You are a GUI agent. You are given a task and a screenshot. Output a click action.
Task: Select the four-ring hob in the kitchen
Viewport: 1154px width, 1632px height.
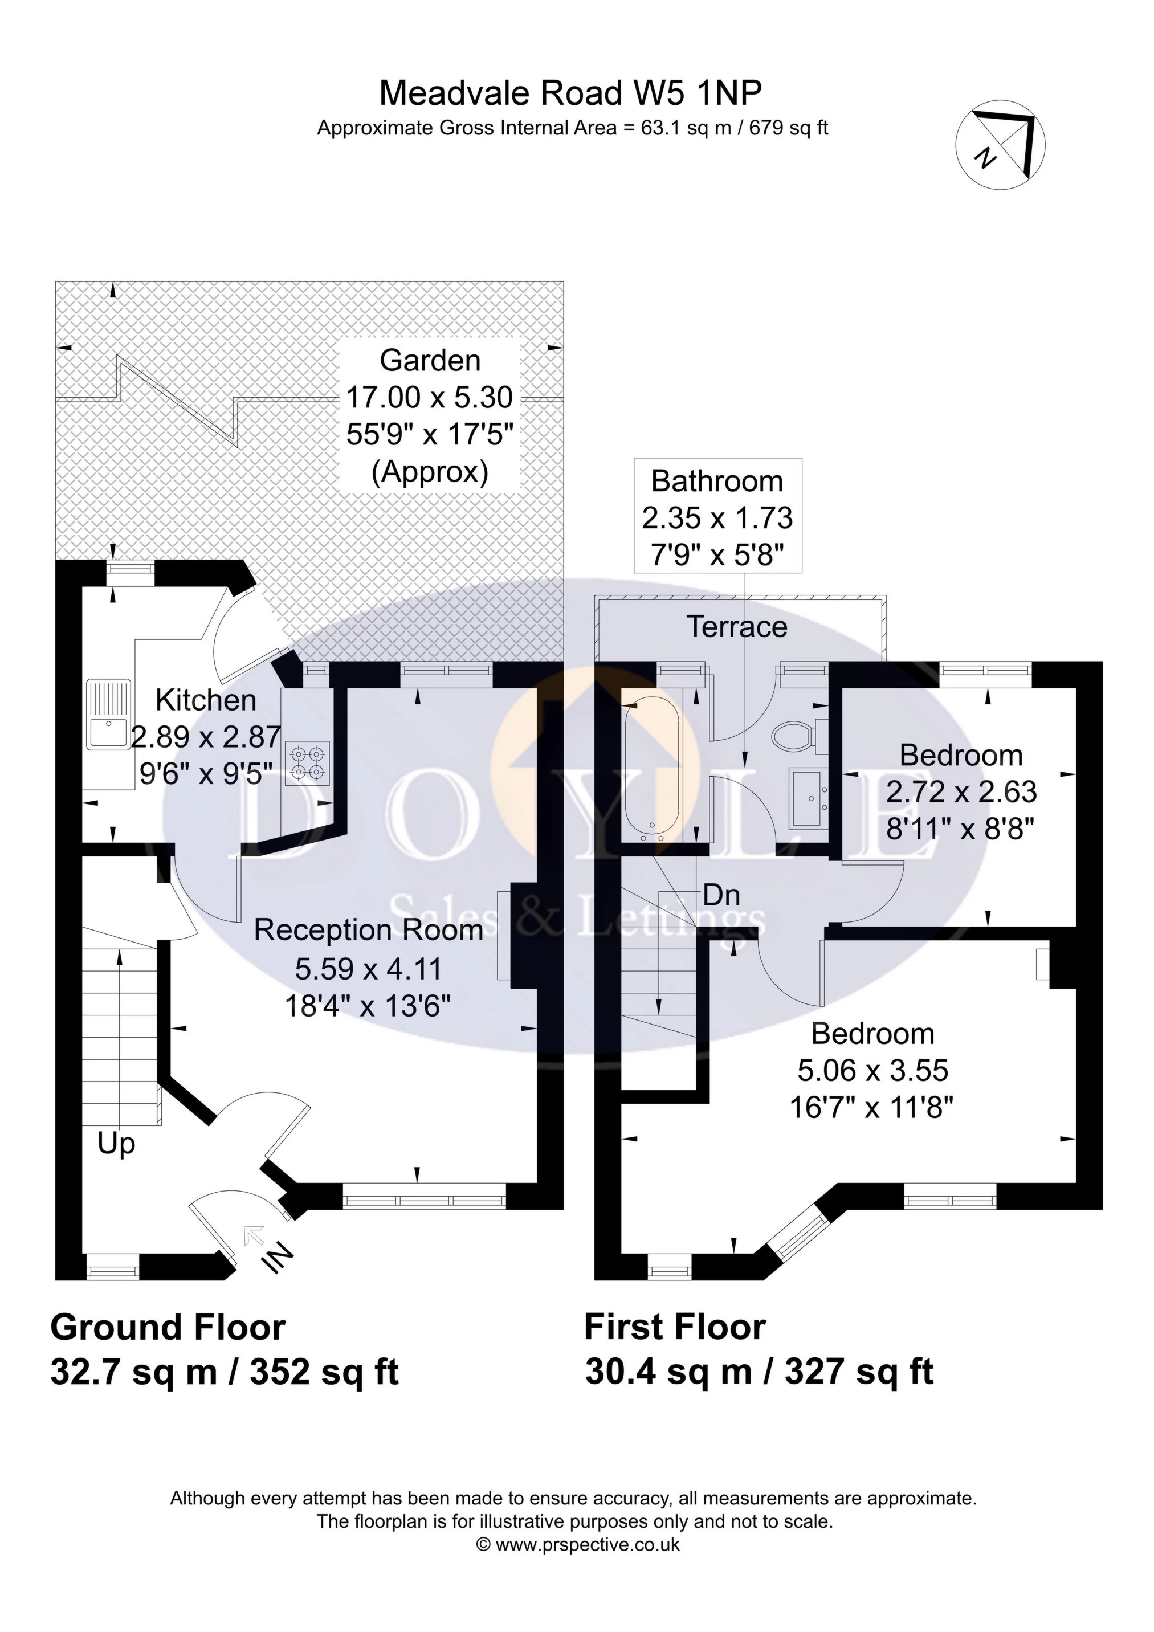(x=308, y=762)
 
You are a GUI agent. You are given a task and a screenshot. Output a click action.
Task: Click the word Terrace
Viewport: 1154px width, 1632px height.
(x=737, y=627)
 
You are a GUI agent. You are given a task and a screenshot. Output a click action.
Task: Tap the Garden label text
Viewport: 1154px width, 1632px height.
(x=430, y=360)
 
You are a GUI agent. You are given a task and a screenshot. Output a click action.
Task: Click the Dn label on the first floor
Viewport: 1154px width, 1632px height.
(x=721, y=895)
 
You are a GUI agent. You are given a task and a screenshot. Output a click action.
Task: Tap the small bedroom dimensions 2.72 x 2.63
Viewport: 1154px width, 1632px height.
(x=961, y=792)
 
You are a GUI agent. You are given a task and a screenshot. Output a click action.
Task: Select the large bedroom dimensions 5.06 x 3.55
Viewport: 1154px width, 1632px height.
(x=872, y=1071)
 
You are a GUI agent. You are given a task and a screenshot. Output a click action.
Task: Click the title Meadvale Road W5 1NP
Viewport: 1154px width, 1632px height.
(x=570, y=92)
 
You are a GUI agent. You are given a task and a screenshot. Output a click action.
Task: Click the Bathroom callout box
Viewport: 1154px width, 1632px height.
(x=717, y=517)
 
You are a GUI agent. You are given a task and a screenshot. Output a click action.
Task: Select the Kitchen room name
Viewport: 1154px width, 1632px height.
(x=206, y=700)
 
